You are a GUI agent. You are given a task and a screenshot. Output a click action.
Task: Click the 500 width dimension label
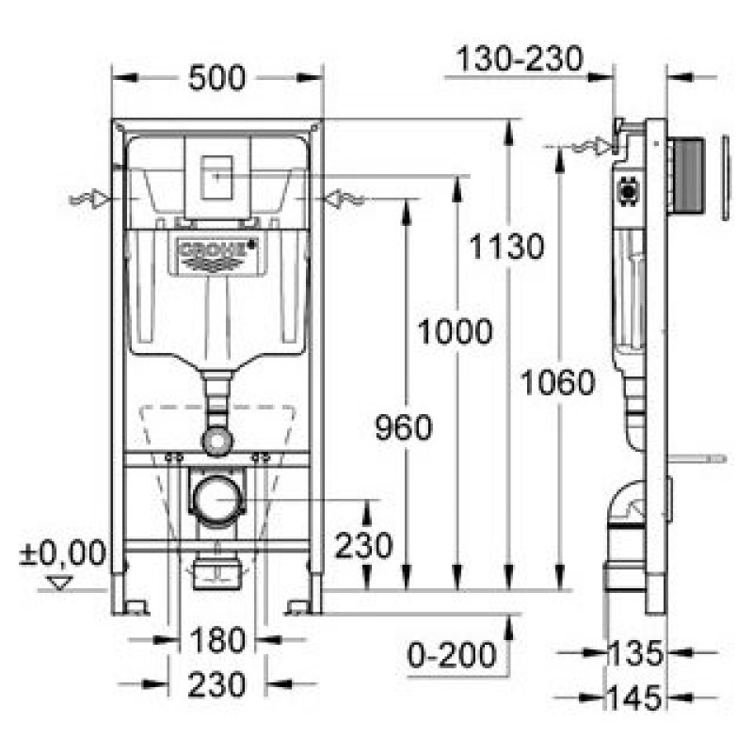(216, 78)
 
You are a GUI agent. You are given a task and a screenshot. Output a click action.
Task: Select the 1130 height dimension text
(506, 246)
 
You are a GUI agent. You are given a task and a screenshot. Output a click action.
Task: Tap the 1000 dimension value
(456, 331)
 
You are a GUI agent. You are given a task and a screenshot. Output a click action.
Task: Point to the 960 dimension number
(404, 427)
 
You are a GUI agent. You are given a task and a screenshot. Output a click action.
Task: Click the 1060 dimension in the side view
(558, 382)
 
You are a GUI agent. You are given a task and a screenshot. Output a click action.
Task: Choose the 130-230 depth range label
(520, 58)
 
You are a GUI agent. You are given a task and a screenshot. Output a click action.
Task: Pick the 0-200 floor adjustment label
(452, 654)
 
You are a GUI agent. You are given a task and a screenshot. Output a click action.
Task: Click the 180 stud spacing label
(217, 640)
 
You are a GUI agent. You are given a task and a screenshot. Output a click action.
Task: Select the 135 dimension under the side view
(634, 653)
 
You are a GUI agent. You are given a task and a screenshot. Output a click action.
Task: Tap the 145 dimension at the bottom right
(634, 697)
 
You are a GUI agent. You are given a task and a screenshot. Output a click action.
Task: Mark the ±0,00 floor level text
(62, 553)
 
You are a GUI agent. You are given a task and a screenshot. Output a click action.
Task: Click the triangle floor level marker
(60, 583)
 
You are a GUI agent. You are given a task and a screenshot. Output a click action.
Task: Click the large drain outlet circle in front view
(217, 500)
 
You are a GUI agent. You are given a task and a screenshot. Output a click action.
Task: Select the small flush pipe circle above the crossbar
(217, 441)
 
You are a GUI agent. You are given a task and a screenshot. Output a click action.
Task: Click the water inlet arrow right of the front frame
(344, 199)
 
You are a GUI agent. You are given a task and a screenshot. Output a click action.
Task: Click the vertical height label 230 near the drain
(363, 546)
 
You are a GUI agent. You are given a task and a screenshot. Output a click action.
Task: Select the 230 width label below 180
(216, 685)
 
